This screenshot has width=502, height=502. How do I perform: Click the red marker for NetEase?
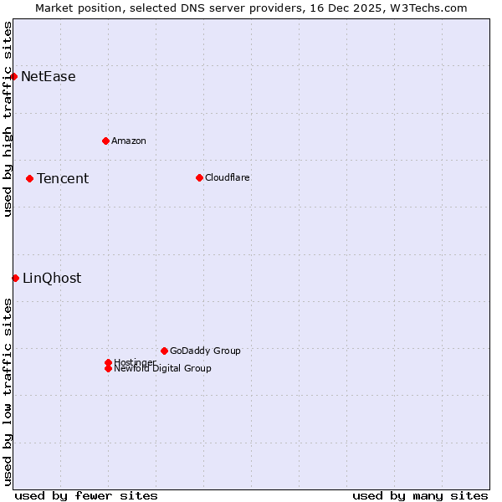pyautogui.click(x=14, y=76)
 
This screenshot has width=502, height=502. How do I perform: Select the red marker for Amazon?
pyautogui.click(x=105, y=141)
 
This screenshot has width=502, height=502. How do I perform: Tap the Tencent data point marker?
pyautogui.click(x=29, y=178)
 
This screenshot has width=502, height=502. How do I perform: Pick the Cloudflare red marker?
pyautogui.click(x=199, y=177)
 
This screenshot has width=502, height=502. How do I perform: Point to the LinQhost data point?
pyautogui.click(x=15, y=278)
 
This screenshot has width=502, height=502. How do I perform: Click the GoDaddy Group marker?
pyautogui.click(x=164, y=351)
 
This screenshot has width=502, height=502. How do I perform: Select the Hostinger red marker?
pyautogui.click(x=108, y=362)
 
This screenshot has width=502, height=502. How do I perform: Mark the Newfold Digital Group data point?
pyautogui.click(x=108, y=369)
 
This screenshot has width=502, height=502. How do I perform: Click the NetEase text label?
pyautogui.click(x=49, y=77)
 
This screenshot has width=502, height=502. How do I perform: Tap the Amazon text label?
pyautogui.click(x=129, y=141)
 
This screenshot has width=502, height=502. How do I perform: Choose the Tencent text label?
pyautogui.click(x=63, y=178)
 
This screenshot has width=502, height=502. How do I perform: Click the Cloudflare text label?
pyautogui.click(x=228, y=177)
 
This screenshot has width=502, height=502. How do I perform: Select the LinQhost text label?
pyautogui.click(x=52, y=279)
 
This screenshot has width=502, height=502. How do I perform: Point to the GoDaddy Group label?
pyautogui.click(x=205, y=351)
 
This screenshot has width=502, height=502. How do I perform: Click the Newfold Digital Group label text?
pyautogui.click(x=163, y=369)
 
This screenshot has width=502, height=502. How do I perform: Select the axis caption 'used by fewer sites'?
pyautogui.click(x=86, y=495)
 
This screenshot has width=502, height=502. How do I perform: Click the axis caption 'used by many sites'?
pyautogui.click(x=420, y=495)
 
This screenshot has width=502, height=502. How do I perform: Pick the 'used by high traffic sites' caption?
pyautogui.click(x=8, y=119)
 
